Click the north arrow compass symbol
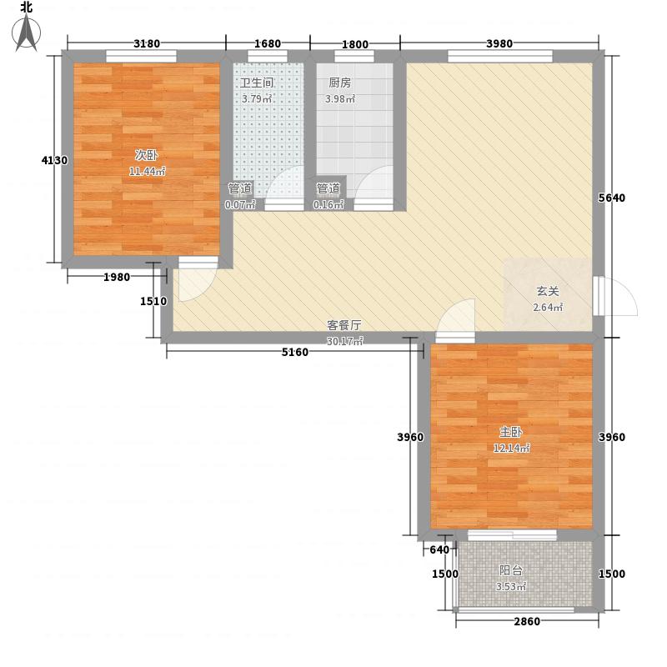pos(27,33)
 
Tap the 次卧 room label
pos(147,155)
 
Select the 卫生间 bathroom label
pos(257,83)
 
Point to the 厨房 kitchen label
pos(340,83)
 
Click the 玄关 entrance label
pos(548,291)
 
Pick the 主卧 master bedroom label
pos(511,432)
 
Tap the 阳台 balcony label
pos(511,570)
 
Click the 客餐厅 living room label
pos(344,325)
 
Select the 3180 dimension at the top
pos(147,43)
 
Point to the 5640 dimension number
pos(612,198)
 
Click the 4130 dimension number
pos(54,160)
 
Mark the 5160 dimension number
pos(295,352)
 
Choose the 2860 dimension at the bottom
pos(527,621)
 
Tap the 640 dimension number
pos(439,549)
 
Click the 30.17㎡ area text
pos(345,341)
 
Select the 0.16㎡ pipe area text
pos(328,204)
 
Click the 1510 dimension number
pos(153,301)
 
